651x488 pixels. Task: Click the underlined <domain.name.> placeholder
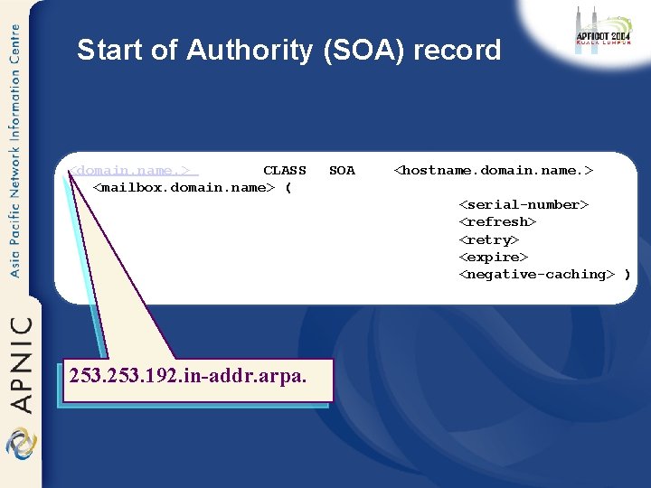(134, 170)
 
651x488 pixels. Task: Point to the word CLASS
(284, 170)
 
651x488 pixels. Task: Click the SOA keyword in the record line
(342, 170)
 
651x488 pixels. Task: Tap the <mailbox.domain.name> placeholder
(184, 187)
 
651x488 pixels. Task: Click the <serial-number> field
(524, 204)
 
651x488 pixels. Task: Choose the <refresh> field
(497, 221)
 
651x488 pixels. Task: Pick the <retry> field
(489, 239)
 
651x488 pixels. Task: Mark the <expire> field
(493, 257)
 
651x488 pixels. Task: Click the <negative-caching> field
(537, 274)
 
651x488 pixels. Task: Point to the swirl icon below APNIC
(19, 445)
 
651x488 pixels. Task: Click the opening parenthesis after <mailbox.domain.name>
(288, 187)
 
